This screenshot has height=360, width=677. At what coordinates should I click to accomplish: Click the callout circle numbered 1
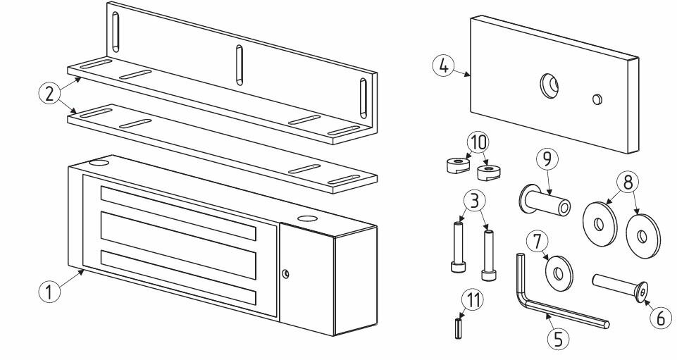click(x=50, y=292)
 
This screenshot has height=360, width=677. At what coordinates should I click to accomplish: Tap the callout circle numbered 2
click(x=49, y=94)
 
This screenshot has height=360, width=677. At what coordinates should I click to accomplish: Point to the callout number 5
click(x=559, y=338)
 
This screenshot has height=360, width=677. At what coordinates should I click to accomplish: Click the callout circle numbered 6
click(x=661, y=318)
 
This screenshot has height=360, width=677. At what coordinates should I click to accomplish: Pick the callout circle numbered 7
click(x=537, y=242)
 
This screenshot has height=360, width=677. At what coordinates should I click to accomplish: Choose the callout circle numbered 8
click(x=628, y=182)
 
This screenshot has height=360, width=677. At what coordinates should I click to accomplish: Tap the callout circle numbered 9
click(x=547, y=159)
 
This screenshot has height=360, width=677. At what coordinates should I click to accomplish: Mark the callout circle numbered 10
click(x=478, y=142)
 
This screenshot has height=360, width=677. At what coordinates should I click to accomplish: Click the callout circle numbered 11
click(x=473, y=300)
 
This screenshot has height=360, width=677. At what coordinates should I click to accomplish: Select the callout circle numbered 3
click(x=475, y=201)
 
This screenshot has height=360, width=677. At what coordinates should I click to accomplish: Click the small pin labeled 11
click(x=459, y=328)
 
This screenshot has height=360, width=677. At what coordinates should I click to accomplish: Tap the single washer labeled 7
click(x=559, y=273)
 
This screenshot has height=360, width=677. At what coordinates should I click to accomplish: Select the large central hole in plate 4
click(x=549, y=86)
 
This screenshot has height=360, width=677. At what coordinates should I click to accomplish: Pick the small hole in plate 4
click(x=597, y=99)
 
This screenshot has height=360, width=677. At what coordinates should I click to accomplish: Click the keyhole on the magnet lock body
click(x=285, y=273)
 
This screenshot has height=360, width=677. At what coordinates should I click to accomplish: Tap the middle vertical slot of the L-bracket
click(x=240, y=65)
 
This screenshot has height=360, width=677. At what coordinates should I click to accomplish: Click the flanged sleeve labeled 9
click(x=545, y=201)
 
